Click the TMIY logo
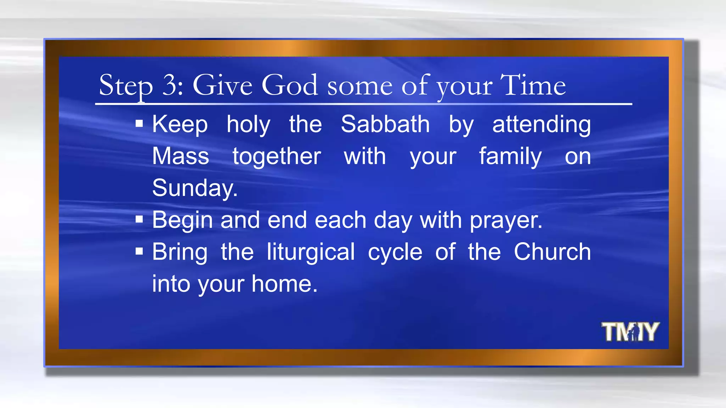[630, 332]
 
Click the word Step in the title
[126, 86]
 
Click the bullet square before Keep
[139, 124]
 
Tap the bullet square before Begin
[139, 220]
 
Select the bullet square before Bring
[139, 251]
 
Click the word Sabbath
[385, 124]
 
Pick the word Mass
[180, 156]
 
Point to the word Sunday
[194, 188]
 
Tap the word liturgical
[311, 252]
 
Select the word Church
[552, 252]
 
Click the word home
[284, 284]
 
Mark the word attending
[541, 125]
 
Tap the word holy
[248, 125]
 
